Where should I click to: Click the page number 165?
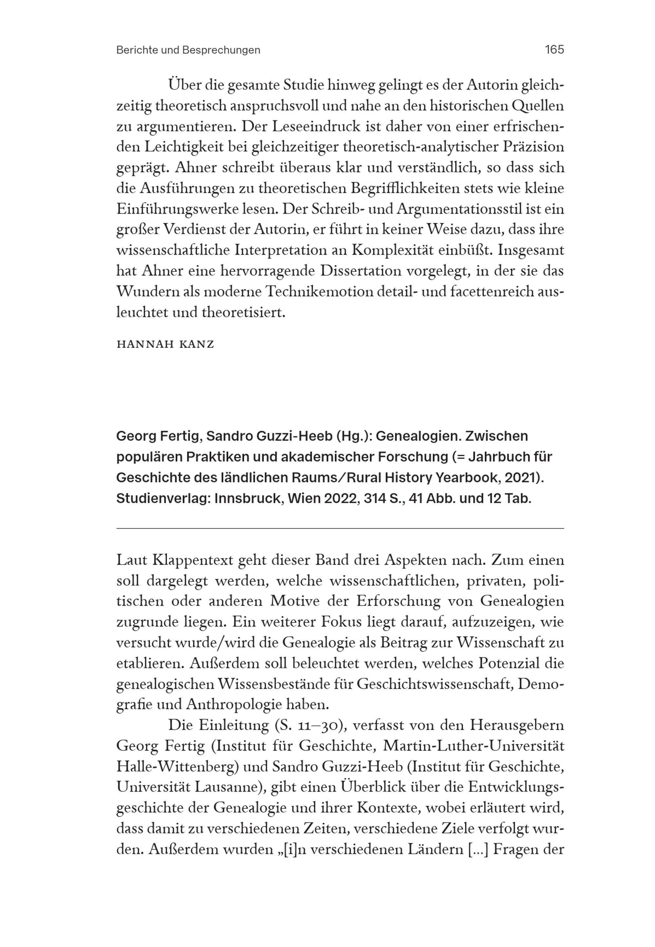(554, 50)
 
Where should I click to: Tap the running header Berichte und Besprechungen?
(188, 50)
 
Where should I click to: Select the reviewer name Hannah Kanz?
(165, 344)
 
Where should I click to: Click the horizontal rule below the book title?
(340, 529)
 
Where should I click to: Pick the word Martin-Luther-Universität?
(473, 746)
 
